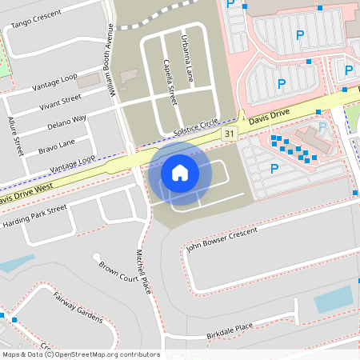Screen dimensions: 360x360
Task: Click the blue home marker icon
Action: pyautogui.click(x=179, y=172)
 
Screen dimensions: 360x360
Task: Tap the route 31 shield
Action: pyautogui.click(x=230, y=133)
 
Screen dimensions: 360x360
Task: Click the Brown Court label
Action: pyautogui.click(x=116, y=272)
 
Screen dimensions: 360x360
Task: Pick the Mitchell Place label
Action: pyautogui.click(x=143, y=270)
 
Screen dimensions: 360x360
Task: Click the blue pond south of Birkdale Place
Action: pyautogui.click(x=333, y=299)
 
